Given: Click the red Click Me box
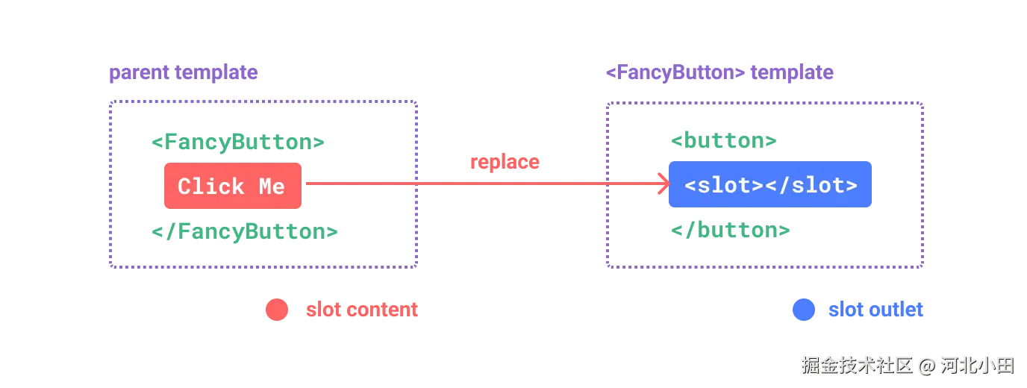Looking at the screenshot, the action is [233, 186].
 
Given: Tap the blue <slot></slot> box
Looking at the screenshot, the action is [770, 184].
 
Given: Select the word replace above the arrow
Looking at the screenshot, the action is [505, 162].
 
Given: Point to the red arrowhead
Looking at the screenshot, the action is [664, 184].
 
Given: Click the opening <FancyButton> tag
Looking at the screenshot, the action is [238, 142].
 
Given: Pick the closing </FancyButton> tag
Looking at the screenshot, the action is [245, 231].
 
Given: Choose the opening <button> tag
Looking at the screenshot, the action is [724, 140].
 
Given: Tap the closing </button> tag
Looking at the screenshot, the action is [731, 230].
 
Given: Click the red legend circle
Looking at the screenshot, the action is [277, 310].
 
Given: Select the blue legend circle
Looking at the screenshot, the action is [804, 310].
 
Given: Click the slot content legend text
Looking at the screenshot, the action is [362, 310].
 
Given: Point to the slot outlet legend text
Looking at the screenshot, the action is [875, 310].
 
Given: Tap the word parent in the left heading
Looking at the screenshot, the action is [140, 73].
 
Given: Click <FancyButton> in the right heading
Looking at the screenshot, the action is [675, 72].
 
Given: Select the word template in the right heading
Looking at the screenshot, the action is [792, 72].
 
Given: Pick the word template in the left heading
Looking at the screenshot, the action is [216, 73].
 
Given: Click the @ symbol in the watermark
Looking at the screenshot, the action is [926, 366].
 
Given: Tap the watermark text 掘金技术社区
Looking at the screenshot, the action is [857, 366].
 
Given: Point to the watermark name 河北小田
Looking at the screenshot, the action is [978, 366].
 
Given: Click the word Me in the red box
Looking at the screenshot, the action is [272, 187].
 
